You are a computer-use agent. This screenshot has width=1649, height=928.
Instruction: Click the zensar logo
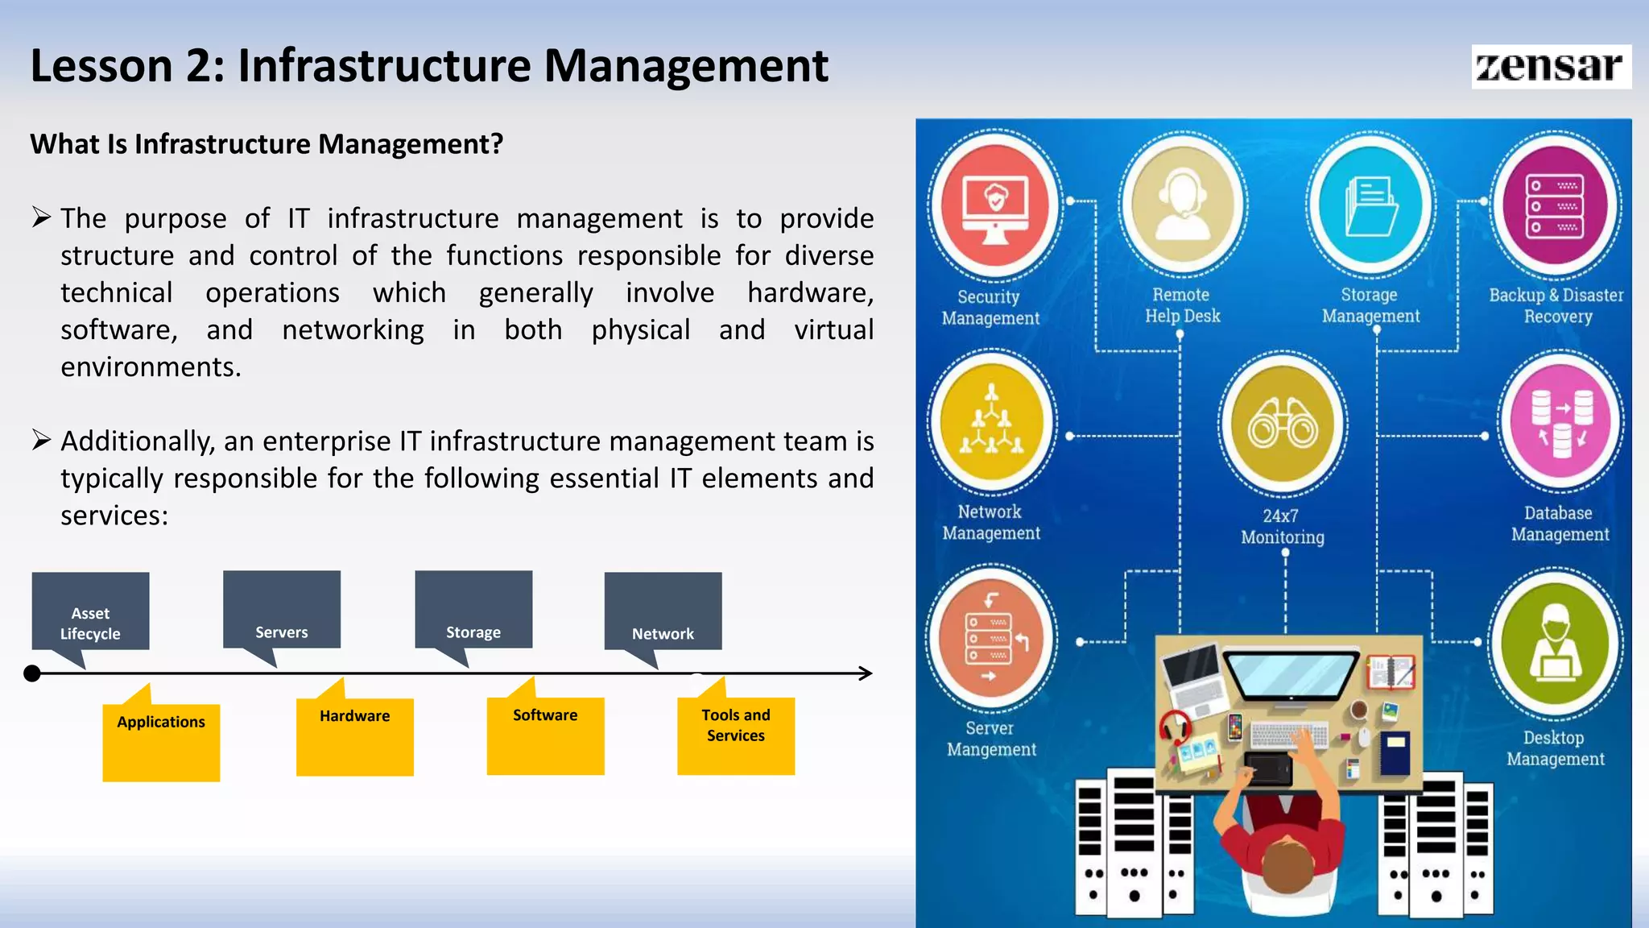tap(1550, 66)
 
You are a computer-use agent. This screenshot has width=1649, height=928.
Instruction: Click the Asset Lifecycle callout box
tap(90, 612)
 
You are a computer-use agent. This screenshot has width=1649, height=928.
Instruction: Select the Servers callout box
tap(282, 610)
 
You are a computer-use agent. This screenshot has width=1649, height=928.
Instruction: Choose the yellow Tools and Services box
tap(736, 735)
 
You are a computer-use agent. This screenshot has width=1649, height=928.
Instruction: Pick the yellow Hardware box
tap(355, 735)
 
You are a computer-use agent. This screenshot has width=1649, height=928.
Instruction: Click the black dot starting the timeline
tap(32, 673)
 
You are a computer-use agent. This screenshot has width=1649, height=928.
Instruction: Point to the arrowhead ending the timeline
tap(866, 673)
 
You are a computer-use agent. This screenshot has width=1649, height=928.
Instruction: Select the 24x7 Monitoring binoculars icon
tap(1283, 424)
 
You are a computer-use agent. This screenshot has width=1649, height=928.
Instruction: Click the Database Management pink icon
tap(1560, 423)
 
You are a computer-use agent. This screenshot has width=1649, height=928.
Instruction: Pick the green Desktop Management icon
tap(1555, 642)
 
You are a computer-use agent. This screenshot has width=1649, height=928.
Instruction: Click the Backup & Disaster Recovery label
tap(1556, 305)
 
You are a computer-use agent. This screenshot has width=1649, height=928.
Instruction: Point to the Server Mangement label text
tap(990, 739)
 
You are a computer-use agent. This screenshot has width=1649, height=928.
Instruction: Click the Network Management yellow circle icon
tap(992, 421)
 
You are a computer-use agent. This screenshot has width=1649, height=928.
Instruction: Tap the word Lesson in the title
tap(101, 66)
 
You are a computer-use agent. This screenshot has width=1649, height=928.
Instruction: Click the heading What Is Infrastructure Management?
tap(267, 144)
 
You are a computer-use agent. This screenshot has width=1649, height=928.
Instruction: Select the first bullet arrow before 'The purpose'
tap(42, 217)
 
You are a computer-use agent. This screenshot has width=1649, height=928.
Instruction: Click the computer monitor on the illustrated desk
tap(1292, 675)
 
